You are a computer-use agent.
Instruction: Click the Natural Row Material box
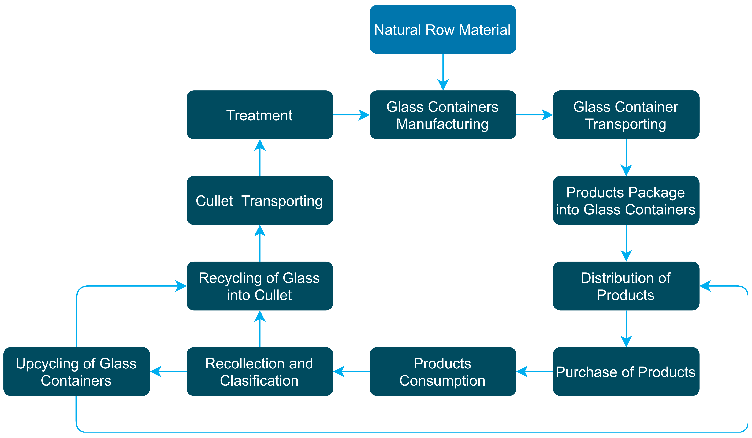(x=443, y=29)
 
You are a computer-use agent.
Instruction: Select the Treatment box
(x=260, y=115)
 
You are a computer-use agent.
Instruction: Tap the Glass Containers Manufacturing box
(x=443, y=115)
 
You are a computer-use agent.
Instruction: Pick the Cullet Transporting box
(x=260, y=200)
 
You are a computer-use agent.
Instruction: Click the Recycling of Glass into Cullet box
(x=260, y=286)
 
